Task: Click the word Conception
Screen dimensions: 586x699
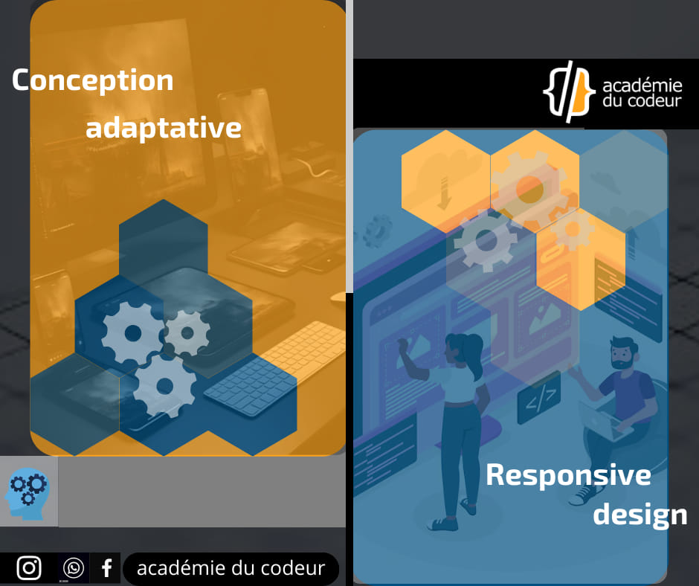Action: (92, 80)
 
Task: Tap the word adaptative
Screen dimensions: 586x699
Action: (163, 128)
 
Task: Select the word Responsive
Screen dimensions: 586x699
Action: (568, 474)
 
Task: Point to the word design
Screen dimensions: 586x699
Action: (640, 514)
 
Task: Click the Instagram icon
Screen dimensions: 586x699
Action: (29, 568)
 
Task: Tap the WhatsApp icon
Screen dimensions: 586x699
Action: (74, 568)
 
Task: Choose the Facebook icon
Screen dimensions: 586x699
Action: (106, 568)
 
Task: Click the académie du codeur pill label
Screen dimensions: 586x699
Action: (231, 569)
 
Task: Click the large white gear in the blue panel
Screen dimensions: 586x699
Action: (486, 240)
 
